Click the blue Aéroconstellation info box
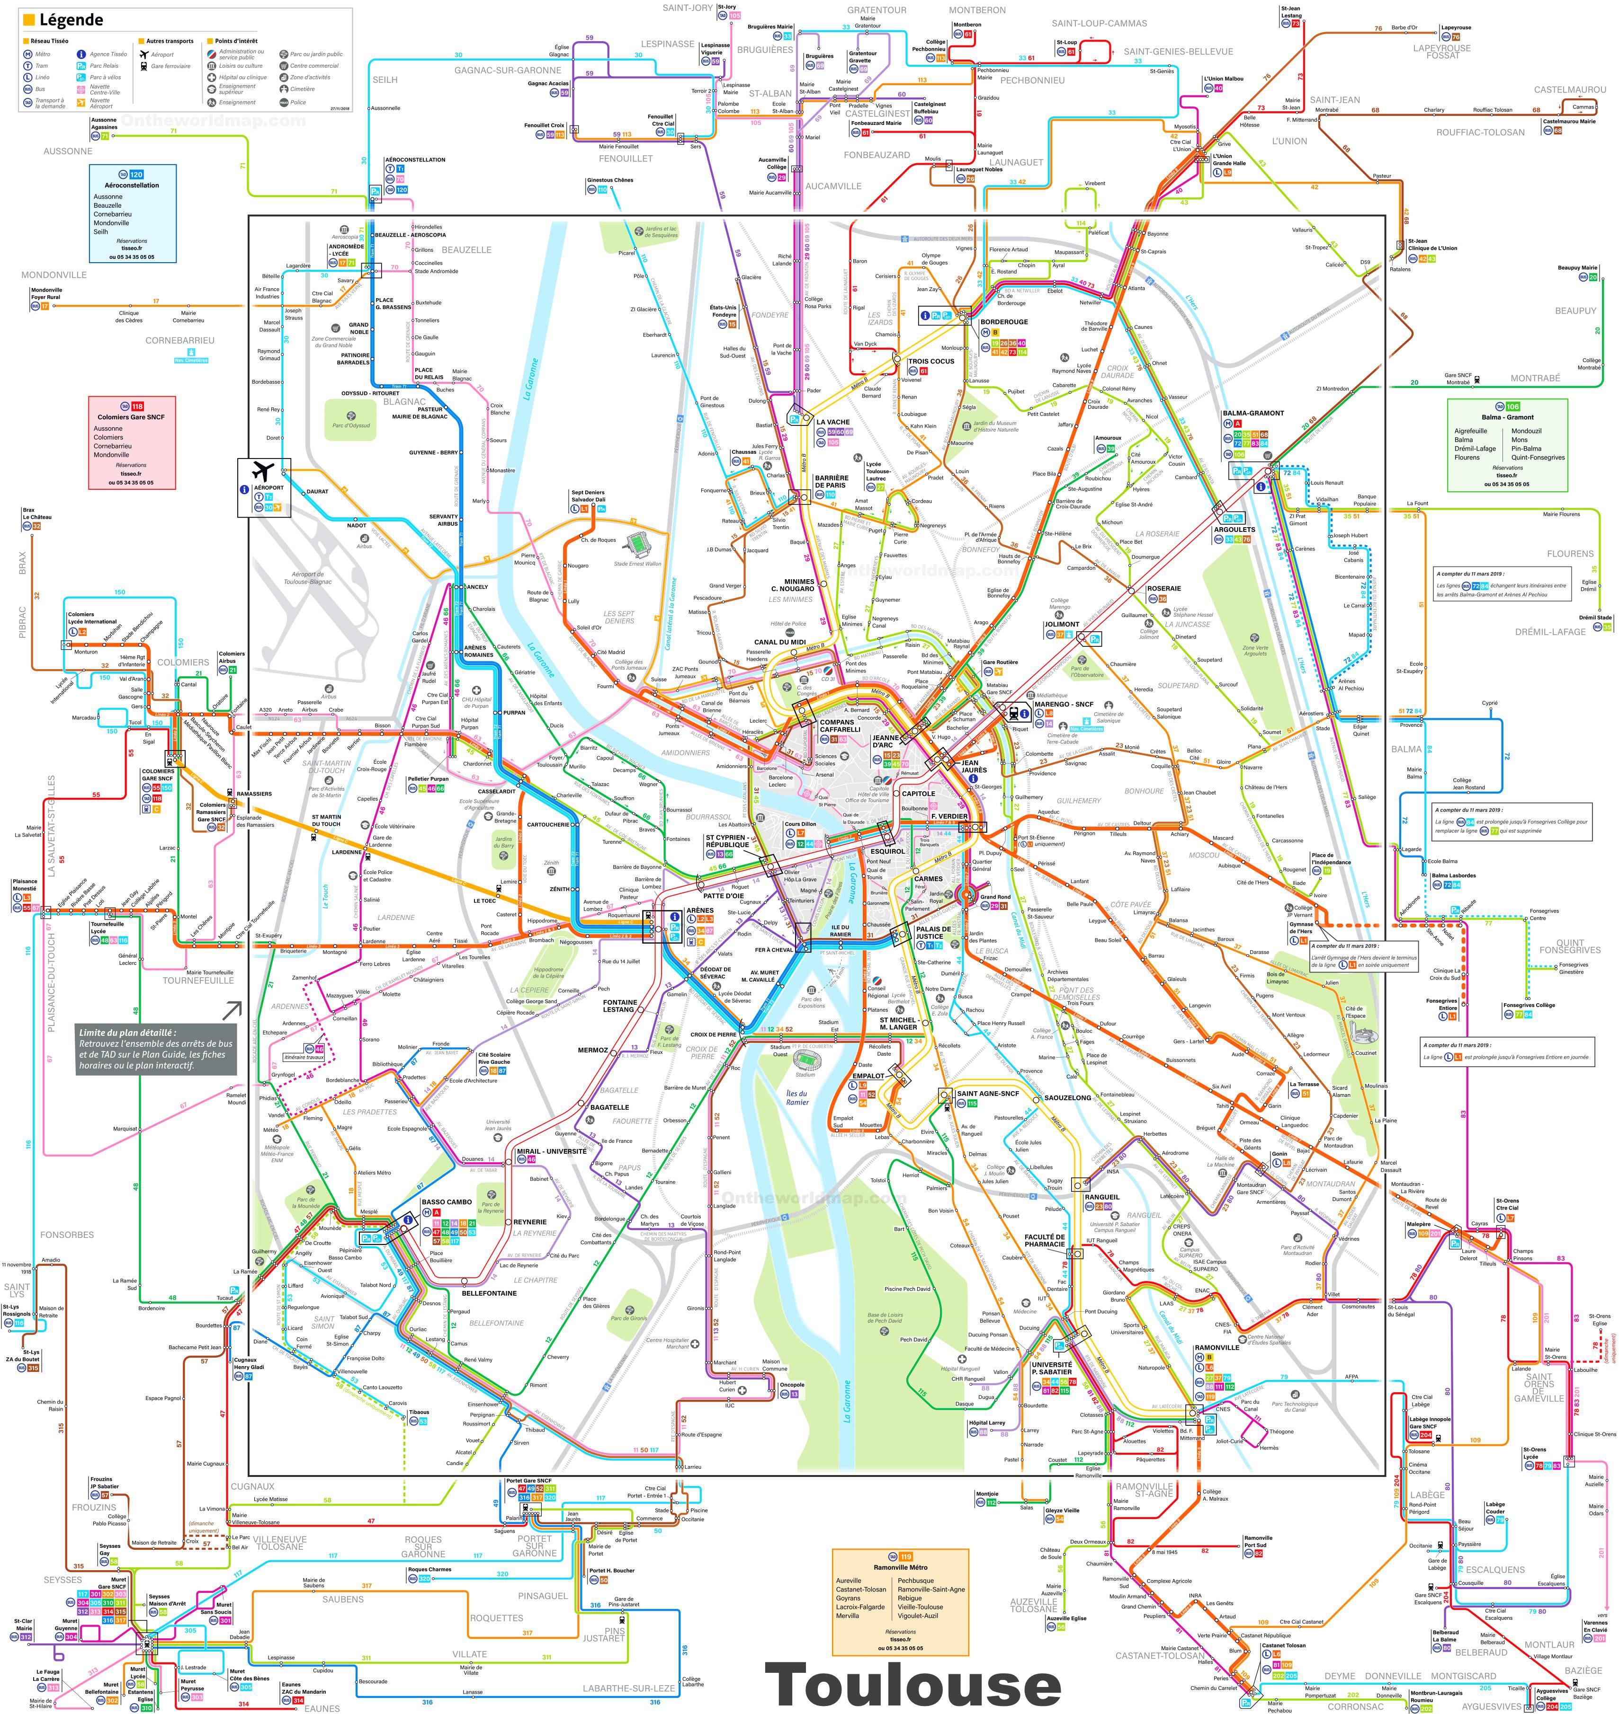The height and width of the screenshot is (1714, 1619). tap(132, 213)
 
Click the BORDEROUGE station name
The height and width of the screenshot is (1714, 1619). tap(1004, 322)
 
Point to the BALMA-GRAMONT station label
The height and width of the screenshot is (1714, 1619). tap(1253, 413)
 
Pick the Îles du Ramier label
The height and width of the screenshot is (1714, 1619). tap(797, 1097)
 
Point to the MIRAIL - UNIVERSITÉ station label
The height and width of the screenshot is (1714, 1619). tap(552, 1151)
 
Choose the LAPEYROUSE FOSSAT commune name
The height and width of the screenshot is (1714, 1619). tap(1442, 51)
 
